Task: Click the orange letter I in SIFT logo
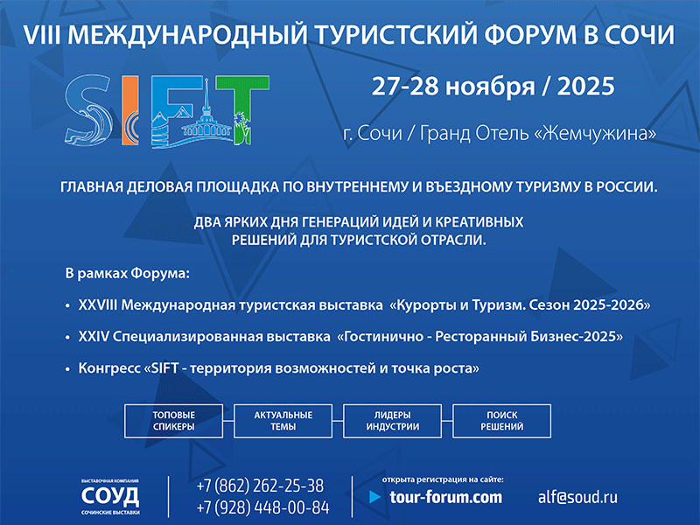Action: [129, 110]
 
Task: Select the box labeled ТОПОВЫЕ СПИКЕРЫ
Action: [173, 421]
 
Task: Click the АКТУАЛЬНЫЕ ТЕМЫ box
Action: [283, 421]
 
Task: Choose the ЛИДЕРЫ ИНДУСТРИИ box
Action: [392, 421]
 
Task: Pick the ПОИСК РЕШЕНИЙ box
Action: [501, 421]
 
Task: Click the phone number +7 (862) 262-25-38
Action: [260, 486]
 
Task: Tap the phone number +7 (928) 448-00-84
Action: [263, 507]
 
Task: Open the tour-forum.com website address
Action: [445, 497]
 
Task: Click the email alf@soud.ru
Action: [577, 497]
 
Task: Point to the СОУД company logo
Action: [110, 496]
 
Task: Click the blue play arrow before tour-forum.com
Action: [375, 497]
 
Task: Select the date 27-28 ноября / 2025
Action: [493, 86]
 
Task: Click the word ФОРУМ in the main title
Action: [530, 35]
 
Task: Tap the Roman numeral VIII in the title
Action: [42, 35]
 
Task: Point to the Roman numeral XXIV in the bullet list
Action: [94, 336]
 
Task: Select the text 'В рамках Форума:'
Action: [128, 273]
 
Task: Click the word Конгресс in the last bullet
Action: [109, 368]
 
